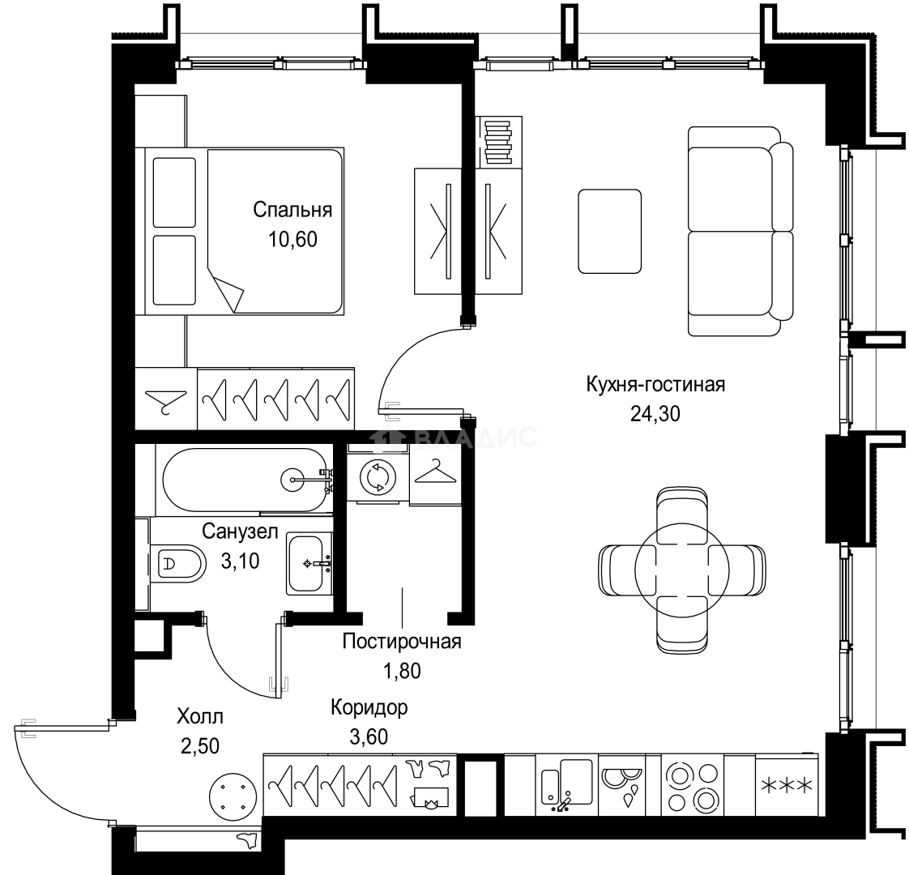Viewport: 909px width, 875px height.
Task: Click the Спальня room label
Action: point(292,209)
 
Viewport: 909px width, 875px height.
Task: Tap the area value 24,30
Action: point(655,413)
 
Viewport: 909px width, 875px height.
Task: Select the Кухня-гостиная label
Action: point(655,385)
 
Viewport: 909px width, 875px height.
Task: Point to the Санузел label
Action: point(240,531)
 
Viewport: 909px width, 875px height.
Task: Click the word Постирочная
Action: point(402,642)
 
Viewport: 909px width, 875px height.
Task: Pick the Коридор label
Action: point(369,707)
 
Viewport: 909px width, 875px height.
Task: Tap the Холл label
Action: point(200,717)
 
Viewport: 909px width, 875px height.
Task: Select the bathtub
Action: point(245,480)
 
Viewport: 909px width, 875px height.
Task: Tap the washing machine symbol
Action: point(378,476)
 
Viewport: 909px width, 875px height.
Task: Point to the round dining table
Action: point(682,570)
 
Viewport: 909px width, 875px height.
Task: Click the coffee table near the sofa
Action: point(610,232)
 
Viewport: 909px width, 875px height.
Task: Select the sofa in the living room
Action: point(740,232)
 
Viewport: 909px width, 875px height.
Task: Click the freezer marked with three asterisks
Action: point(787,786)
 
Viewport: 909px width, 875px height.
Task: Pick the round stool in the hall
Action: point(233,796)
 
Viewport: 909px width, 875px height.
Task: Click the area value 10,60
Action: point(292,239)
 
